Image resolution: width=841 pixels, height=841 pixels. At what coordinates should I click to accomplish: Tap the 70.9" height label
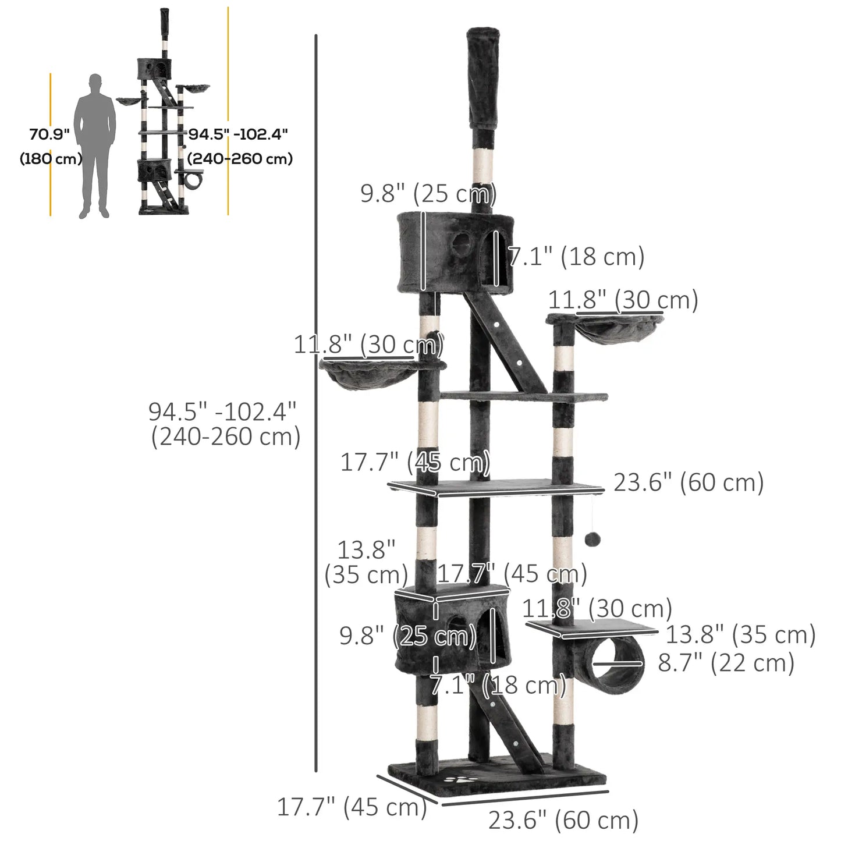pos(49,134)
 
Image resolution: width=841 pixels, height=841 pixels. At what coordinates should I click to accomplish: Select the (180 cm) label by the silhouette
pos(51,158)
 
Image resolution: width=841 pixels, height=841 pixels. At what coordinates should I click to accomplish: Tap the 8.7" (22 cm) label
pos(726,663)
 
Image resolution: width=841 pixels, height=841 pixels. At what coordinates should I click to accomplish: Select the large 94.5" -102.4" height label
pos(222,412)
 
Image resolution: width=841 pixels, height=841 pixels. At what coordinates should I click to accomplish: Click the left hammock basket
pos(368,375)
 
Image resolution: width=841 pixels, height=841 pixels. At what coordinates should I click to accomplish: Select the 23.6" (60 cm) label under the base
pos(563,820)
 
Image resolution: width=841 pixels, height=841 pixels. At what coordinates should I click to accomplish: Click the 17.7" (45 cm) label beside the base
pos(352,807)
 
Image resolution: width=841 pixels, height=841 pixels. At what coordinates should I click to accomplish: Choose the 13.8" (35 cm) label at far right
pos(740,634)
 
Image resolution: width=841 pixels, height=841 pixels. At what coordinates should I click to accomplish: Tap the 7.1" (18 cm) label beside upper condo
pos(576,257)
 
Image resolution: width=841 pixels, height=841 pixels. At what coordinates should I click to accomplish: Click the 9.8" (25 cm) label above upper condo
pos(428,193)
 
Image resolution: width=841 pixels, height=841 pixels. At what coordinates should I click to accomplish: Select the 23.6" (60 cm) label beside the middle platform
pos(689,482)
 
